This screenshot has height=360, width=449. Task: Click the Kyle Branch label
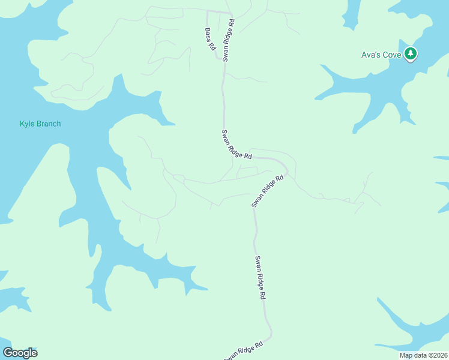click(x=40, y=124)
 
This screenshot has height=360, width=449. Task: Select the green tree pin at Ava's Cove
click(x=411, y=54)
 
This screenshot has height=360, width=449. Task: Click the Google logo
click(x=20, y=353)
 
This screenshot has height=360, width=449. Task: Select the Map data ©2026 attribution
click(x=423, y=355)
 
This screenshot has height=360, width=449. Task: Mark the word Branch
click(x=49, y=124)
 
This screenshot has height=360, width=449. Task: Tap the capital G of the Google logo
click(x=8, y=353)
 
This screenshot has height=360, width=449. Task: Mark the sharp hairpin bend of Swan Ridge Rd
click(x=288, y=172)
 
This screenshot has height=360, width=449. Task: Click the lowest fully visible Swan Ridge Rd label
click(x=260, y=277)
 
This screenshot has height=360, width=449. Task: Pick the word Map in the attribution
click(x=405, y=355)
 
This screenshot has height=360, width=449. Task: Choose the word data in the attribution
click(x=418, y=355)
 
